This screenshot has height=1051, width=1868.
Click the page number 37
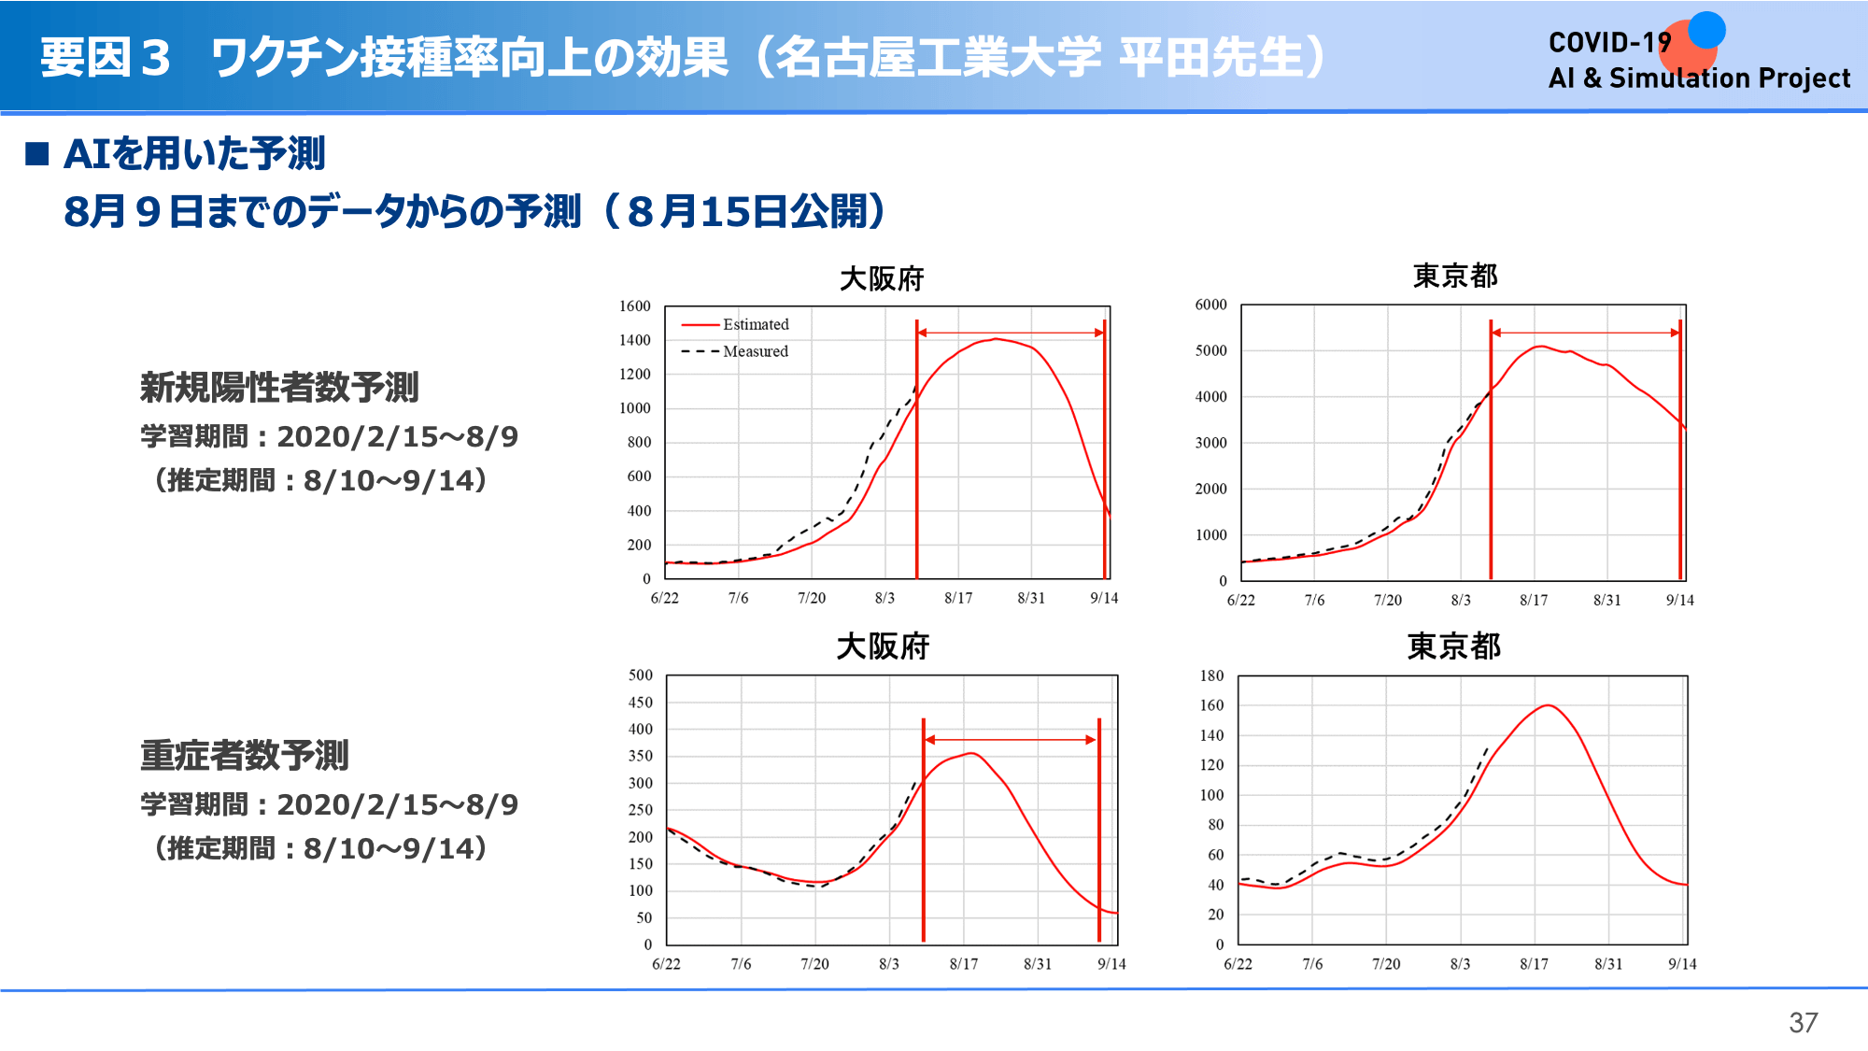pyautogui.click(x=1803, y=1023)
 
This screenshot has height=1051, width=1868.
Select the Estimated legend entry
pyautogui.click(x=735, y=324)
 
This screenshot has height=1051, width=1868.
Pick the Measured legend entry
pyautogui.click(x=735, y=351)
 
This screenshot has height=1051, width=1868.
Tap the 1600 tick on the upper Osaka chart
pyautogui.click(x=635, y=306)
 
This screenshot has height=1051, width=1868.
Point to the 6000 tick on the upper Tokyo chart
pyautogui.click(x=1211, y=305)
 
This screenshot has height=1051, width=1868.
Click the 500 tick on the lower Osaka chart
pyautogui.click(x=641, y=675)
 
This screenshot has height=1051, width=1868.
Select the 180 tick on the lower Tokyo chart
pyautogui.click(x=1211, y=675)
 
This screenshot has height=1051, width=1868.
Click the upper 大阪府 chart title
pyautogui.click(x=882, y=278)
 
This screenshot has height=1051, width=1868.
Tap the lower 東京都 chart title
pyautogui.click(x=1454, y=646)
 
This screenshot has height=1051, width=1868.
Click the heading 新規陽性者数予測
pyautogui.click(x=279, y=387)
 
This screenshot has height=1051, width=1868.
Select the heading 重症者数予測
pyautogui.click(x=244, y=755)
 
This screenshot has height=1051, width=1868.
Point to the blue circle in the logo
pyautogui.click(x=1706, y=29)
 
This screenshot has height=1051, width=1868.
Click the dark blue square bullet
pyautogui.click(x=37, y=153)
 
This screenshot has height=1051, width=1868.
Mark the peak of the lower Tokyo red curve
pyautogui.click(x=1549, y=705)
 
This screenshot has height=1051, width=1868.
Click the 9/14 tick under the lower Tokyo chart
pyautogui.click(x=1682, y=964)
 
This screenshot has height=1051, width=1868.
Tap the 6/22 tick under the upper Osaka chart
pyautogui.click(x=665, y=598)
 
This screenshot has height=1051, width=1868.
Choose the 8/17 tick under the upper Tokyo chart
pyautogui.click(x=1534, y=600)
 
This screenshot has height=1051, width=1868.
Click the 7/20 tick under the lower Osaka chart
pyautogui.click(x=814, y=964)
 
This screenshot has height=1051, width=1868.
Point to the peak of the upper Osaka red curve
pyautogui.click(x=997, y=338)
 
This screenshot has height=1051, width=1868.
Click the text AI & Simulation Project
pyautogui.click(x=1699, y=78)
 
